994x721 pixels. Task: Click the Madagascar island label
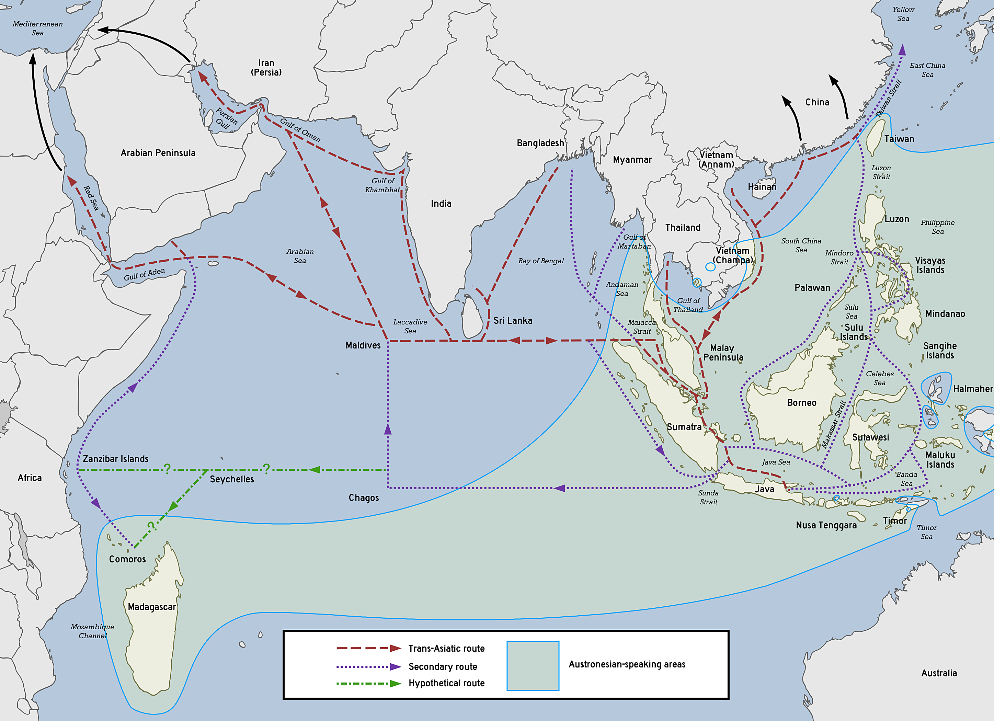[152, 607]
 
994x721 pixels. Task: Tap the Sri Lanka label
[512, 320]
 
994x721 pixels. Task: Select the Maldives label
[363, 345]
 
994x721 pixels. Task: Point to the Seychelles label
[231, 479]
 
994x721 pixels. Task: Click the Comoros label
[127, 559]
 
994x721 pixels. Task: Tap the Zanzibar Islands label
[115, 459]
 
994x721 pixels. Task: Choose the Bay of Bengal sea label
[541, 261]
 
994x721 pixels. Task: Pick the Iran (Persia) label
[266, 68]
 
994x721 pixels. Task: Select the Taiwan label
[899, 139]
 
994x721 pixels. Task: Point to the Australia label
[939, 673]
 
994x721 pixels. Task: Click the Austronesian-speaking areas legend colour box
[533, 666]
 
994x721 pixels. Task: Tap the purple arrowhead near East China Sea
[902, 50]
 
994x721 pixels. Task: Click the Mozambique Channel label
[92, 631]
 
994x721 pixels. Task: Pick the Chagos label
[363, 498]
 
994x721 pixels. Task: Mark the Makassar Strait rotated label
[834, 424]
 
